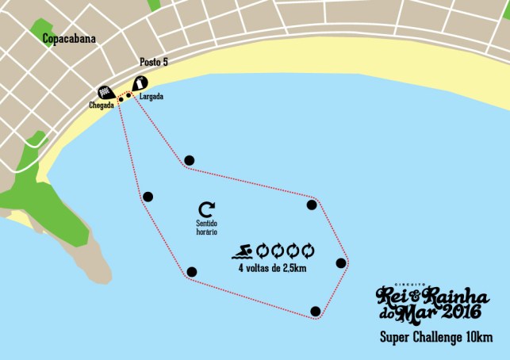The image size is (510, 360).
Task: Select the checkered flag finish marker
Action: [105, 91]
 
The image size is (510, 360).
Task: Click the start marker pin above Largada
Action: [140, 82]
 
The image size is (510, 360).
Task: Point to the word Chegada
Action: [102, 105]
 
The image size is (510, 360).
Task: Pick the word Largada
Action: [151, 97]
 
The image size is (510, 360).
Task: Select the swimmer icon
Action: [243, 253]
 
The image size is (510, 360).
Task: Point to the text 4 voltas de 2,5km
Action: [274, 268]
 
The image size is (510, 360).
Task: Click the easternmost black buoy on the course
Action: [341, 263]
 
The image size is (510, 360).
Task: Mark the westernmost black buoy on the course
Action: [148, 197]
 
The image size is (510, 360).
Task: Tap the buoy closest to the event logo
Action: [316, 311]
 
